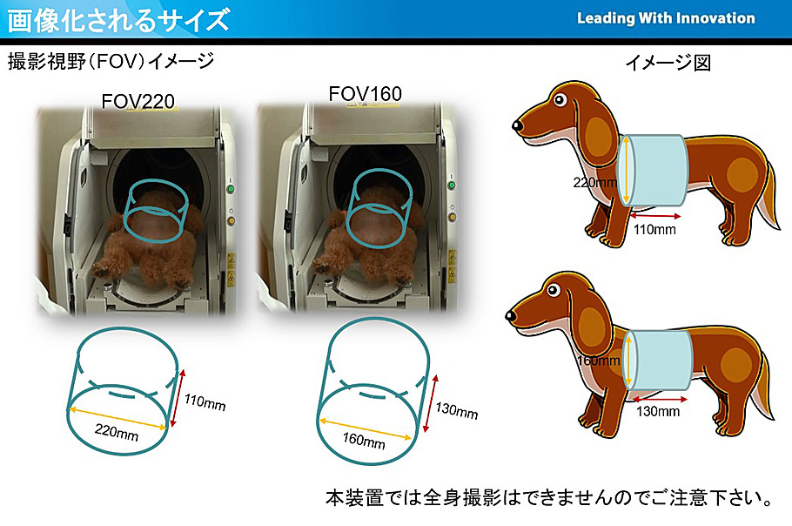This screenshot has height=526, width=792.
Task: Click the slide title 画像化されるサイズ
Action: point(118,20)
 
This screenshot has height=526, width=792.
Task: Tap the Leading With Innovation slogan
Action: point(666,18)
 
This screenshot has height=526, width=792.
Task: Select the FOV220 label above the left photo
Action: point(138,102)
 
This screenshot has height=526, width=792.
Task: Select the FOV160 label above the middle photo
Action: point(365,93)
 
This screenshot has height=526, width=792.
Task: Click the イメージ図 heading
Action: point(668,63)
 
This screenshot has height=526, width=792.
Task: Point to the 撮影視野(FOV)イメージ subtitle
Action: point(111,62)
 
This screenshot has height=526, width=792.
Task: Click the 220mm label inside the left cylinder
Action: point(116,432)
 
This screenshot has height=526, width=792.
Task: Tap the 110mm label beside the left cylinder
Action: point(204,401)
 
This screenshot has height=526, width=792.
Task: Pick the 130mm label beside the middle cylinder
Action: point(457,410)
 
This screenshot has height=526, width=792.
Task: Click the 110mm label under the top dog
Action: point(654,229)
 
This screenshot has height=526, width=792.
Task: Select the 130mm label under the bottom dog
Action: point(658,411)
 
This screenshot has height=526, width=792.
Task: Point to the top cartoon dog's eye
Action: point(560,99)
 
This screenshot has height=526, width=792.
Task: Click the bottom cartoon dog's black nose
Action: point(511,316)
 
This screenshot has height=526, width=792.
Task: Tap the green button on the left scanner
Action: point(231,190)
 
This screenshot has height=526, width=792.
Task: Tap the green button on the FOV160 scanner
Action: point(452,185)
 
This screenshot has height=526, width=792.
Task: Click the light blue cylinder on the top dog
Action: point(653,171)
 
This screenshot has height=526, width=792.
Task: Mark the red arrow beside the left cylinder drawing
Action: point(177,398)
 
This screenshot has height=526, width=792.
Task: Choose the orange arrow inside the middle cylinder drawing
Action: point(365,429)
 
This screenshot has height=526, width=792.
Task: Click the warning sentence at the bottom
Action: point(549,498)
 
